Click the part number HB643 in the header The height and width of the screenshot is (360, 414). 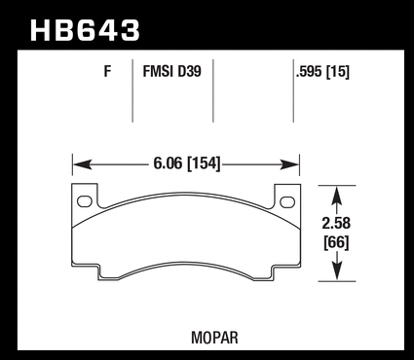(x=85, y=31)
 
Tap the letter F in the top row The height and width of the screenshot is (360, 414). (x=107, y=71)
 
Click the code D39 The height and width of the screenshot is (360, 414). (x=189, y=71)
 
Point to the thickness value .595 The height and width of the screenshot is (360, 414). (x=309, y=72)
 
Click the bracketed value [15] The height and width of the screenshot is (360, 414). (x=338, y=72)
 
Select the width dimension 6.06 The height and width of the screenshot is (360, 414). (x=168, y=163)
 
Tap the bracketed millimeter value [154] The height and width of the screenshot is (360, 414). (x=205, y=163)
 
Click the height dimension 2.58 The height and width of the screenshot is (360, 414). (x=336, y=224)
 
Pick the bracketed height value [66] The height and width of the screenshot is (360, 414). (x=336, y=243)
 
